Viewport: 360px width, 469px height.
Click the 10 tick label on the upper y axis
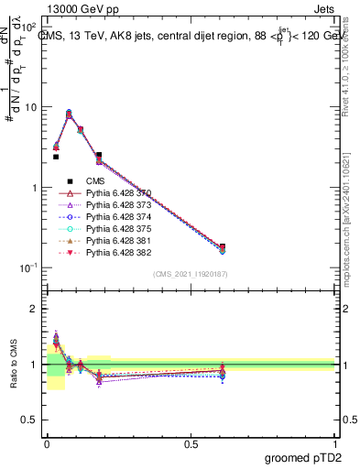[x=30, y=107]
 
